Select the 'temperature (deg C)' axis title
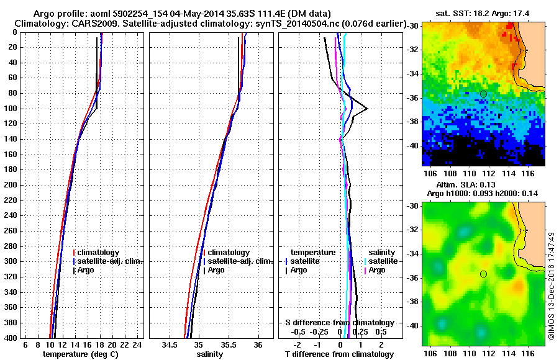[x=80, y=354]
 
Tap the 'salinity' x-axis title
[x=209, y=354]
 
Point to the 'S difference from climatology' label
[x=340, y=323]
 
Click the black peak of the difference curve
[x=367, y=109]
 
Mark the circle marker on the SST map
[x=483, y=94]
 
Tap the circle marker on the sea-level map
[x=483, y=274]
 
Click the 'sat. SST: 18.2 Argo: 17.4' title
[x=485, y=13]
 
